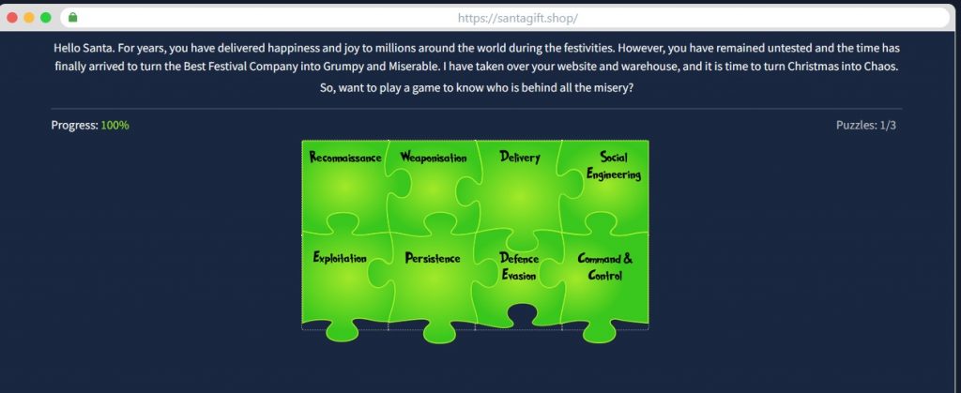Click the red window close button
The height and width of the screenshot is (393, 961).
point(11,18)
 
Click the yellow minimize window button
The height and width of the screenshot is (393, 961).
point(29,18)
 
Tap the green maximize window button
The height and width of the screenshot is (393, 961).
point(45,18)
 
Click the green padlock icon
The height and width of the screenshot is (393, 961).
point(73,18)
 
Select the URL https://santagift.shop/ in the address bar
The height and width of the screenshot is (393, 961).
point(517,19)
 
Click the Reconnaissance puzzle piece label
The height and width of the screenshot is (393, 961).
point(345,158)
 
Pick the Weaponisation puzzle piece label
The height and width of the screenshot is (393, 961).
point(434,158)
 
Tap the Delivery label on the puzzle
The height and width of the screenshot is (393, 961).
point(520,158)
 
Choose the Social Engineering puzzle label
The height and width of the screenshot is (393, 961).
point(614,166)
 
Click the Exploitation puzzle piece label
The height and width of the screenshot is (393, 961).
point(340,258)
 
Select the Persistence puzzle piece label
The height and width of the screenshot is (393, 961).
point(432,258)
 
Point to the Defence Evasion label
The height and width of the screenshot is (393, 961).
point(519,267)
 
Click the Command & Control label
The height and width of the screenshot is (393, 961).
point(605,267)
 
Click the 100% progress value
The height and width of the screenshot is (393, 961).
point(115,126)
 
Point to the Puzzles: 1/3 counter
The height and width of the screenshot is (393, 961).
point(866,126)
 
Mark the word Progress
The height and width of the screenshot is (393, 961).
point(74,126)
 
